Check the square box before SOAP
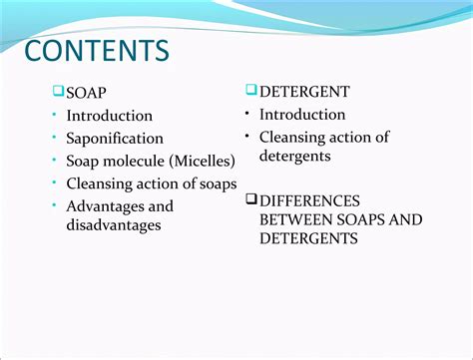pos(59,93)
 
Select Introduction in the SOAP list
pos(109,116)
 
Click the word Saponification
pos(115,139)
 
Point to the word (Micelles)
pos(204,161)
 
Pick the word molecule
pos(137,161)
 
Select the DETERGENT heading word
pos(304,92)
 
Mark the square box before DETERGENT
pos(251,91)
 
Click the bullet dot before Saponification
pos(57,139)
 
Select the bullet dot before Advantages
pos(57,206)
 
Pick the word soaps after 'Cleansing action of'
pos(218,183)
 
